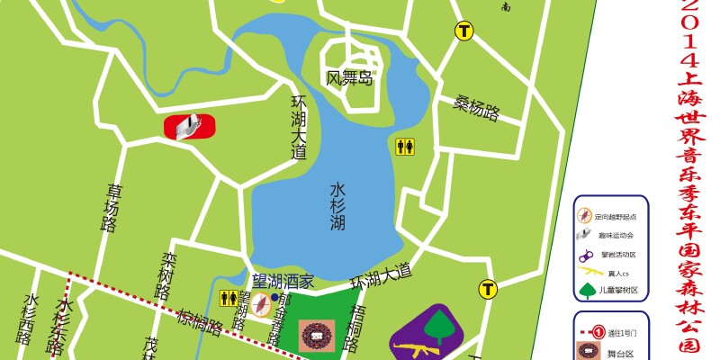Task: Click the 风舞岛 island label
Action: [x=348, y=78]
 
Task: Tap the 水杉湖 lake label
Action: [x=337, y=206]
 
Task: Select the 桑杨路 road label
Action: [x=476, y=107]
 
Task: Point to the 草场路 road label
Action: [x=112, y=208]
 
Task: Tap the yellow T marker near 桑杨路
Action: [x=463, y=31]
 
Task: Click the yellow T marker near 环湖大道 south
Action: [x=488, y=289]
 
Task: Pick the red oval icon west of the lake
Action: [x=190, y=128]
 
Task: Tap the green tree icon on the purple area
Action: [x=440, y=325]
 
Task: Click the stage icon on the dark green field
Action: [x=316, y=337]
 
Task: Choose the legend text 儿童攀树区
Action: [x=621, y=290]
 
